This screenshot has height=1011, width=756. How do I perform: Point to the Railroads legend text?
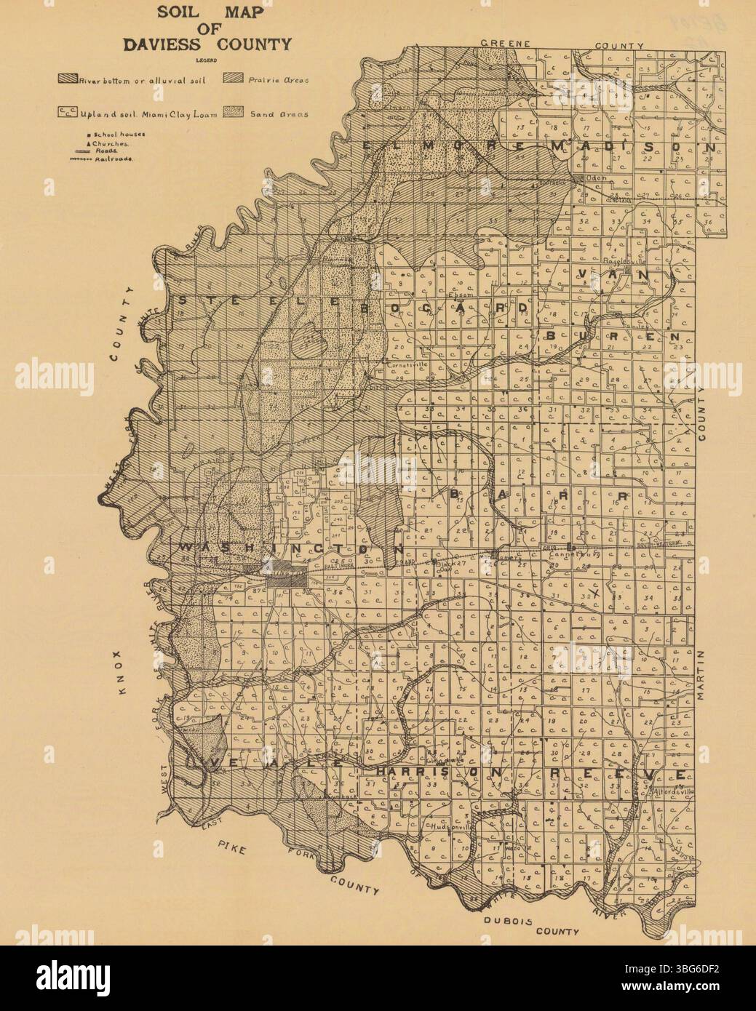coord(120,157)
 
